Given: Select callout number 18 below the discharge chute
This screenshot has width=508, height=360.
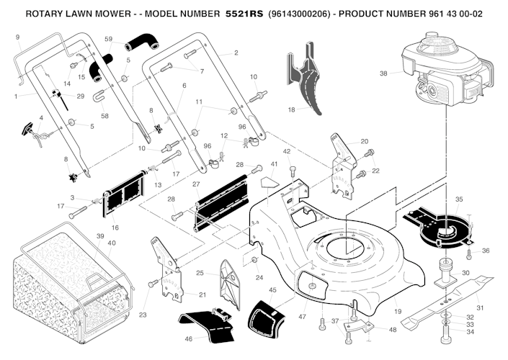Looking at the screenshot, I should pyautogui.click(x=291, y=110).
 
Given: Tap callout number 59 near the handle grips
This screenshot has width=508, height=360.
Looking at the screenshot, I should pyautogui.click(x=108, y=38).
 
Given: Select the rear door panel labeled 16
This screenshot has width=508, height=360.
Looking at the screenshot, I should pyautogui.click(x=121, y=197).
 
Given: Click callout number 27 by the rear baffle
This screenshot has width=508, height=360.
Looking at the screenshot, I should pyautogui.click(x=195, y=184).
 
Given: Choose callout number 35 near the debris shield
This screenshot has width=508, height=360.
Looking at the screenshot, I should pyautogui.click(x=459, y=199).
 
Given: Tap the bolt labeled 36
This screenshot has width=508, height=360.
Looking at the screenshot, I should pyautogui.click(x=469, y=253).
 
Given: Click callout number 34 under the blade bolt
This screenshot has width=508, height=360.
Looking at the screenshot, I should pyautogui.click(x=469, y=332).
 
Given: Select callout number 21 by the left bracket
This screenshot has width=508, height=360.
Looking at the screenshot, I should pyautogui.click(x=202, y=294).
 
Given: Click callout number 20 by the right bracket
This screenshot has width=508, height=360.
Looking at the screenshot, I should pyautogui.click(x=365, y=141).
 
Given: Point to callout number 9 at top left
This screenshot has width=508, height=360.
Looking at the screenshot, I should pyautogui.click(x=17, y=37).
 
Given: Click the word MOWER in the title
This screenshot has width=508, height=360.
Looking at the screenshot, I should pyautogui.click(x=115, y=13).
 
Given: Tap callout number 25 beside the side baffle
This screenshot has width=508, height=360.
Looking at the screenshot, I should pyautogui.click(x=200, y=273).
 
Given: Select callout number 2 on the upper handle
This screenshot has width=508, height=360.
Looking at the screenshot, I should pyautogui.click(x=236, y=53).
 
